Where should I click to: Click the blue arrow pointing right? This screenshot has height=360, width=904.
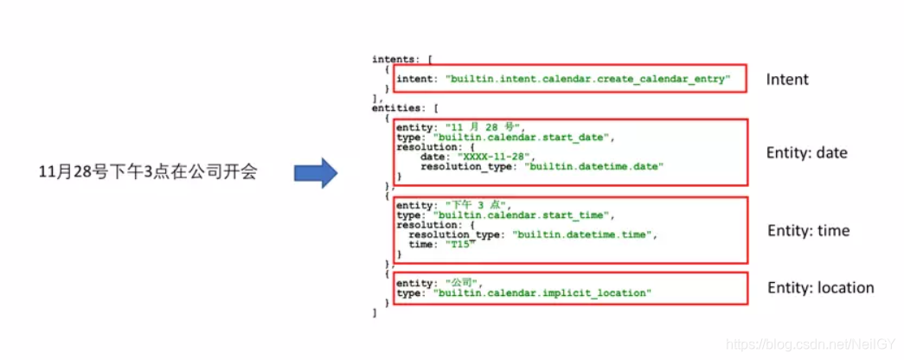tap(314, 172)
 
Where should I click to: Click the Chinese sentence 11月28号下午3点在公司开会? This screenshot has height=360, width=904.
tap(148, 172)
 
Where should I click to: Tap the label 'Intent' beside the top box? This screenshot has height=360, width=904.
tap(787, 80)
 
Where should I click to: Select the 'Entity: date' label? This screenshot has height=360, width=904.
tap(806, 152)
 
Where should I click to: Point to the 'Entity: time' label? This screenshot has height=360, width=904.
tap(808, 230)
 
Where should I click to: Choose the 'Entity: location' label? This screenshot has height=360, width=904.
tap(820, 287)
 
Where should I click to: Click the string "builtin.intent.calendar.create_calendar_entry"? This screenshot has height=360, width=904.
tap(587, 80)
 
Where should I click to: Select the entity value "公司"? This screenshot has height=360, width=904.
tap(463, 283)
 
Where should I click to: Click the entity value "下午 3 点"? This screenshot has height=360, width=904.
tap(474, 205)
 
